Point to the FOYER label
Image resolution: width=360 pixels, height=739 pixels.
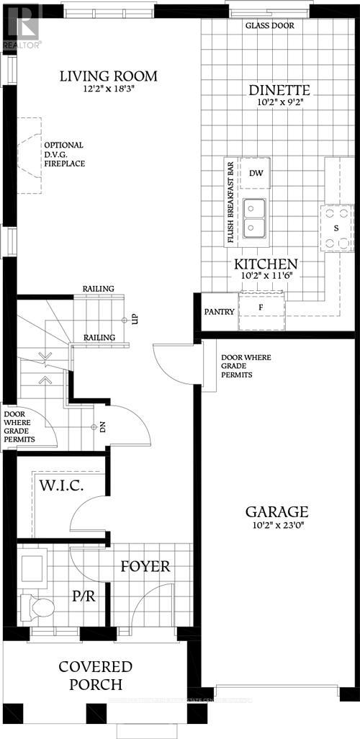pyautogui.click(x=145, y=566)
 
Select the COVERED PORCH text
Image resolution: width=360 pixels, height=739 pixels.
pyautogui.click(x=96, y=675)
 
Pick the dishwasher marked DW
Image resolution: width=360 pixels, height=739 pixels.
pyautogui.click(x=256, y=173)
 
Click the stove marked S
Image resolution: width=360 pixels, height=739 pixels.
pyautogui.click(x=336, y=227)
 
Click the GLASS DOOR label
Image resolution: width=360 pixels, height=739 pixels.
pyautogui.click(x=270, y=25)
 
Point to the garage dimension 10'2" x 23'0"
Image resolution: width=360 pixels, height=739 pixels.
pyautogui.click(x=277, y=527)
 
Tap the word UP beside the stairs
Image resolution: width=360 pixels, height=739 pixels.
pyautogui.click(x=135, y=319)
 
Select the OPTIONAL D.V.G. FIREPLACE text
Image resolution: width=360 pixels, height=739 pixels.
pyautogui.click(x=65, y=154)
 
